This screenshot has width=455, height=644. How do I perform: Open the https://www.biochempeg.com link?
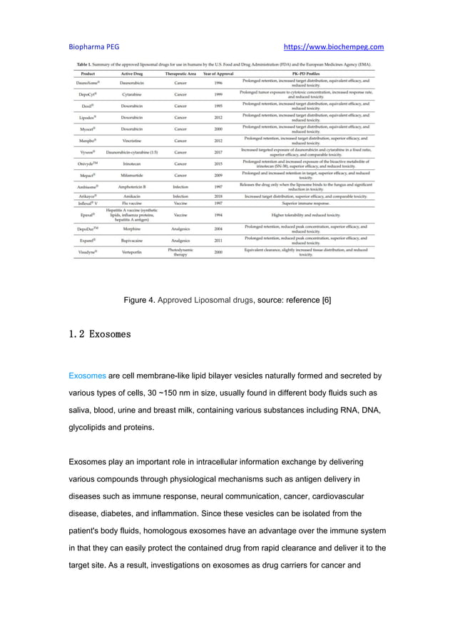(334, 47)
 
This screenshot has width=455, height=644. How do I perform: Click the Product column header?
(88, 74)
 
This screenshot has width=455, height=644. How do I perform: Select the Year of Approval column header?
(218, 74)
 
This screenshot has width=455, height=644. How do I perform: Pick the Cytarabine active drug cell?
(134, 94)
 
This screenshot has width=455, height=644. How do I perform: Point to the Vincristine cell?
(134, 141)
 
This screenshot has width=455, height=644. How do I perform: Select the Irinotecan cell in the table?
(134, 163)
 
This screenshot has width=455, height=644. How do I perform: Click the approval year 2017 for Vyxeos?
(218, 152)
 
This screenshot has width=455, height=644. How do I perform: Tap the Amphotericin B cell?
(134, 187)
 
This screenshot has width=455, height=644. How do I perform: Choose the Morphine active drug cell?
(134, 229)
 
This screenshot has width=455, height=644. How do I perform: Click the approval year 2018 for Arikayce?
(218, 196)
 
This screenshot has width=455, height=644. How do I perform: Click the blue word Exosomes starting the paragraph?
(87, 375)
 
